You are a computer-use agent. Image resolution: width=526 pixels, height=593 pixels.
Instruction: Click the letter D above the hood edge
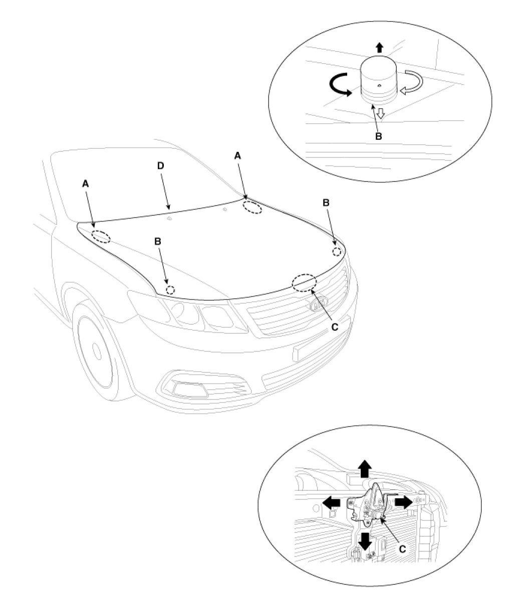pos(160,166)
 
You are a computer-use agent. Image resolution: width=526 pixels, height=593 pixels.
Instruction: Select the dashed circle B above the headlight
pos(171,290)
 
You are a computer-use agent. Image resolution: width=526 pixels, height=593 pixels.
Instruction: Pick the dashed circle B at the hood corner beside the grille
pos(337,251)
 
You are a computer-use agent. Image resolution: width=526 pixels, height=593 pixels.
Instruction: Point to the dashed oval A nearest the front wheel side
pos(102,237)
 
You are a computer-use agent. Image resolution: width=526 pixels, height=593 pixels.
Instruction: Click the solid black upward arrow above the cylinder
pos(379,48)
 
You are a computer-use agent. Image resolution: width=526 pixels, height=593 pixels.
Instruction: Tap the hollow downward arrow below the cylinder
pos(380,114)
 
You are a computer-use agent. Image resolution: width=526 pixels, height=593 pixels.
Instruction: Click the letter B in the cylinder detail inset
pos(379,136)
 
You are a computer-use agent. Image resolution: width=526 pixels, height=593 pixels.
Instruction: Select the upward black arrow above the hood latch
pos(365,469)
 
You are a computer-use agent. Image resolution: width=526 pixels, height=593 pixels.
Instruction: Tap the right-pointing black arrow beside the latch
pos(402,501)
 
